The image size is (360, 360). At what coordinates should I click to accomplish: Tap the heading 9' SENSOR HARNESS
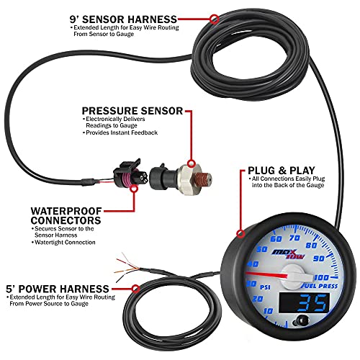pos(134,17)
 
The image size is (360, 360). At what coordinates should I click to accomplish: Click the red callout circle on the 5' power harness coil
pos(135,287)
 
